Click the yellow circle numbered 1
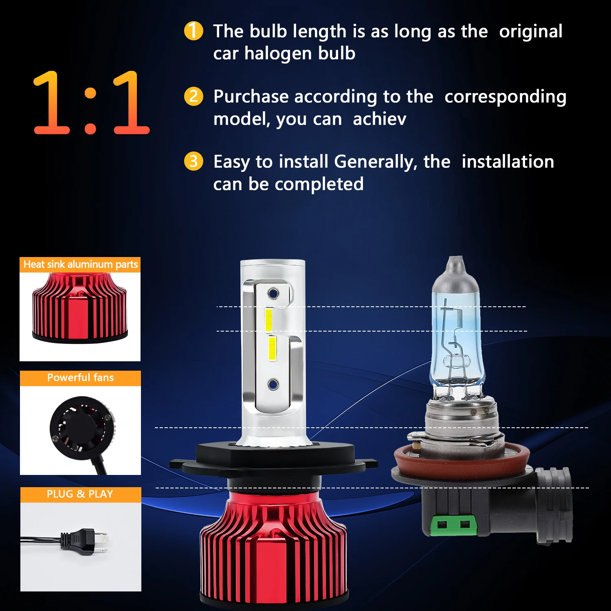(193, 31)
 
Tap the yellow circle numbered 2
(193, 97)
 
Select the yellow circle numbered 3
(193, 161)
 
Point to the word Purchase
(251, 97)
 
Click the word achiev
(379, 119)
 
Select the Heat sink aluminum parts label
(80, 265)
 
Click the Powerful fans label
(80, 378)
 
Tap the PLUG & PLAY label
(80, 494)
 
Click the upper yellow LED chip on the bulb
(269, 320)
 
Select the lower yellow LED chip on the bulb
(272, 348)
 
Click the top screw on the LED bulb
(273, 293)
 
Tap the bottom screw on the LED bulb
(273, 384)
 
